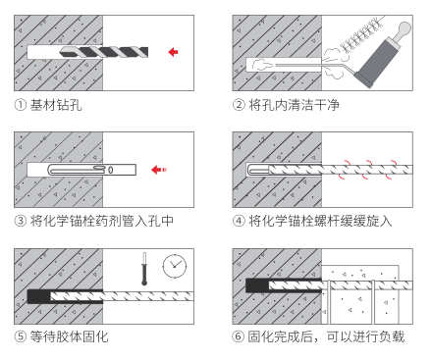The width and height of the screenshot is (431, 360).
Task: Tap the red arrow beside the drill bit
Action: tap(174, 52)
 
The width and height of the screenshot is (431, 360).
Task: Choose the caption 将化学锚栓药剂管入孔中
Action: tap(102, 221)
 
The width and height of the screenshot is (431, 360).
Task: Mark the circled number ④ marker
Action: tap(239, 221)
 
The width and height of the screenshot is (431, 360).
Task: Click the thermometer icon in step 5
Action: tap(144, 269)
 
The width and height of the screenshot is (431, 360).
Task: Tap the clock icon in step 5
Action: tap(175, 266)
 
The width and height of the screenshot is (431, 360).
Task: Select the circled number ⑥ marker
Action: tap(239, 336)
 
